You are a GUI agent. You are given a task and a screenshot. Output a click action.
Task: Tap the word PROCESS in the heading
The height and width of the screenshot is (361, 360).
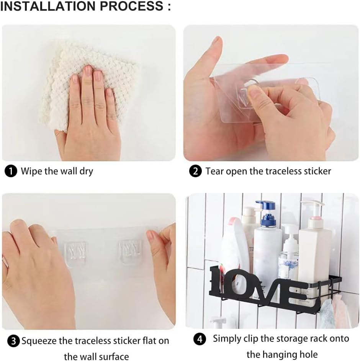[x=131, y=6]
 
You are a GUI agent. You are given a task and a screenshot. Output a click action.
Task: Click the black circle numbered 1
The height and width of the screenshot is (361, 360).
[x=11, y=172]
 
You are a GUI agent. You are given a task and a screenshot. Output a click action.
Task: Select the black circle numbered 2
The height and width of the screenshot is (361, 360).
[x=195, y=172]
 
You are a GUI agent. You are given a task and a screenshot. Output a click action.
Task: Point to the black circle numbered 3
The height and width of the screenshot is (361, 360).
[x=13, y=341]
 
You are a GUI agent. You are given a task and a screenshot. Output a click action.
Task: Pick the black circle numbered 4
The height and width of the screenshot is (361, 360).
[x=200, y=339]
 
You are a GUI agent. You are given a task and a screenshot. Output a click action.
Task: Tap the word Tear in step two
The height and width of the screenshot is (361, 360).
[x=214, y=171]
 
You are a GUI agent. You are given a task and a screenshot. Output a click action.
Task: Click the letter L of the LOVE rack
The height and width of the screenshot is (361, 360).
[x=219, y=281]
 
